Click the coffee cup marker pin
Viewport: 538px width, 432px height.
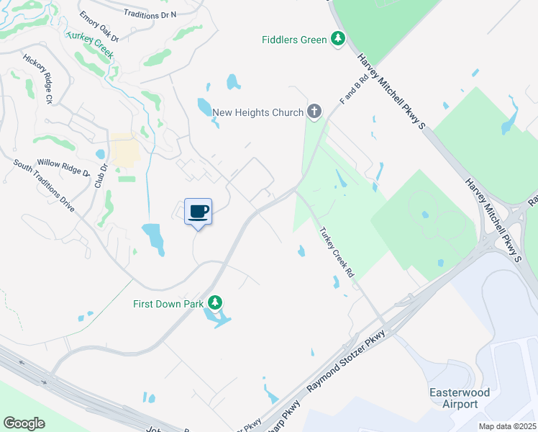click(x=199, y=212)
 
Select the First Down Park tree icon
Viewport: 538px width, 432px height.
click(x=214, y=303)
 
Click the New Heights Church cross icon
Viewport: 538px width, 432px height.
click(x=314, y=112)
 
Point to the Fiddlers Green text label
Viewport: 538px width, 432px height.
click(x=293, y=40)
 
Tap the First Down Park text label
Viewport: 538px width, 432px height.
click(x=168, y=304)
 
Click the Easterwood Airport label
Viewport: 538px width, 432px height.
click(x=459, y=398)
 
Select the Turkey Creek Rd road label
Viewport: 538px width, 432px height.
click(x=337, y=253)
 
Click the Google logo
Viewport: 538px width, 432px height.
click(x=24, y=423)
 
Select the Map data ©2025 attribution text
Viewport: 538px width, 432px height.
click(x=507, y=426)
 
